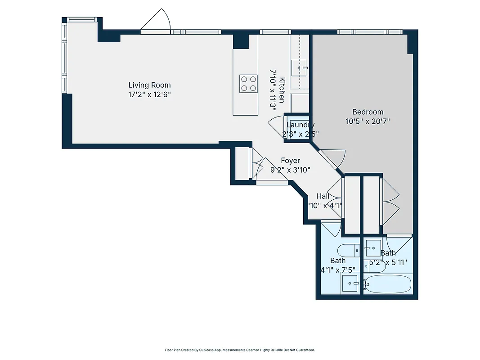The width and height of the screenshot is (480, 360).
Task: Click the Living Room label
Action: (149, 85)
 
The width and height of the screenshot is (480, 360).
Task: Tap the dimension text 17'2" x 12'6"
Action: (149, 94)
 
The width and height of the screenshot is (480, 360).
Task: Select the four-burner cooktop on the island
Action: (248, 83)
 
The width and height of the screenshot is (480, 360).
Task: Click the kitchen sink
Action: (300, 68)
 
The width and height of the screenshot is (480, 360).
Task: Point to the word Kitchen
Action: (282, 90)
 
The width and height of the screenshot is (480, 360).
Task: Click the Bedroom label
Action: (368, 112)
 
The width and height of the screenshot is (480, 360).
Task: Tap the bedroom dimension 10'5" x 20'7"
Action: (368, 121)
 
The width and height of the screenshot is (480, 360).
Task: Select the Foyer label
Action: (290, 161)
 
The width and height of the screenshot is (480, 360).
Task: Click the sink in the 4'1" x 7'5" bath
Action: (350, 283)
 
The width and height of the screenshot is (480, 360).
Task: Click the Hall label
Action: (323, 196)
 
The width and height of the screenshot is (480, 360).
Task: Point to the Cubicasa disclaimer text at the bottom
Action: (240, 350)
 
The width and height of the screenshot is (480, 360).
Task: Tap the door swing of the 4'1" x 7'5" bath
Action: (331, 228)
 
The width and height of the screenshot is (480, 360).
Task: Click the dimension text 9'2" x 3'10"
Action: (290, 170)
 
